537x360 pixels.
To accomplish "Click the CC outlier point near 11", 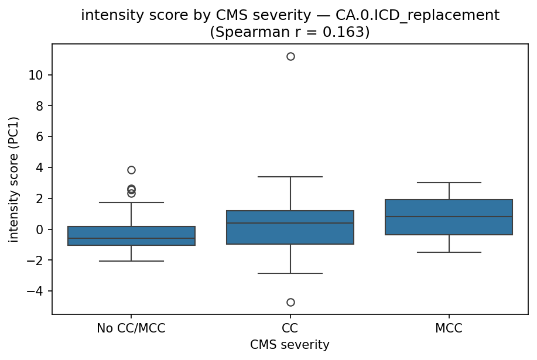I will (290, 56).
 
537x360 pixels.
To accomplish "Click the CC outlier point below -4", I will (290, 302).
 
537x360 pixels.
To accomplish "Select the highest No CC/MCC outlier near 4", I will (131, 170).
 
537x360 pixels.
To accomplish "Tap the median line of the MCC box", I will (449, 217).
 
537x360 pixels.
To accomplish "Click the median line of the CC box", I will (290, 223).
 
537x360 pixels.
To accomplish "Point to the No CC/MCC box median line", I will (131, 238).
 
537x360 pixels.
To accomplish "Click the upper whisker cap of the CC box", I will (290, 177).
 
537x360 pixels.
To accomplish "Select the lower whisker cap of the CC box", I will (290, 273).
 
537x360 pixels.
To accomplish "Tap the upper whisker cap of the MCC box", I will (449, 183).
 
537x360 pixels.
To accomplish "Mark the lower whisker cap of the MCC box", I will (449, 252).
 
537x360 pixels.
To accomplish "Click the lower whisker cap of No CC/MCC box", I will (131, 261).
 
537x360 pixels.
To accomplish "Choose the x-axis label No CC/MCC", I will (131, 328).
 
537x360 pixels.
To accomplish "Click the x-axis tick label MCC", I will (449, 328).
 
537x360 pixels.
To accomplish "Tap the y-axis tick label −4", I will (37, 291).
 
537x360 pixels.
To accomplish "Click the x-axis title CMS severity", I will (290, 345).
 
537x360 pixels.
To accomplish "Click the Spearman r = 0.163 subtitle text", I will (290, 32).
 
